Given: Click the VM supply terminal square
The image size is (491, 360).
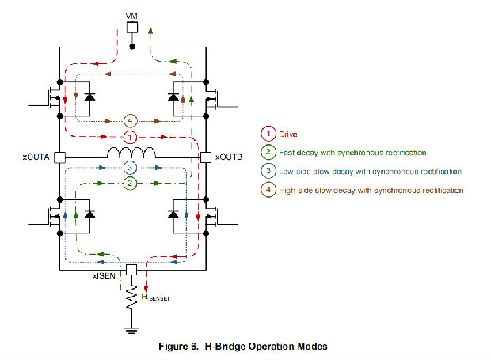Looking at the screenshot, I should (132, 28).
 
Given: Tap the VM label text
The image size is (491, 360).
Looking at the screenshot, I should (132, 14).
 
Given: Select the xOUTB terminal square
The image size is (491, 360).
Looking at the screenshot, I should (206, 157).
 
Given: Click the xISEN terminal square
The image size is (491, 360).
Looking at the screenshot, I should (132, 269).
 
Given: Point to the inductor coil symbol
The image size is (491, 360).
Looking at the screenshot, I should (132, 153).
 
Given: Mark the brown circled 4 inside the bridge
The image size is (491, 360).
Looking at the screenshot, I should (132, 121).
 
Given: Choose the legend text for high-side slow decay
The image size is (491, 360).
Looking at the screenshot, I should (371, 191).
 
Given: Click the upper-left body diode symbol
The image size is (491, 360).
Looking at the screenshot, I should (89, 98).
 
